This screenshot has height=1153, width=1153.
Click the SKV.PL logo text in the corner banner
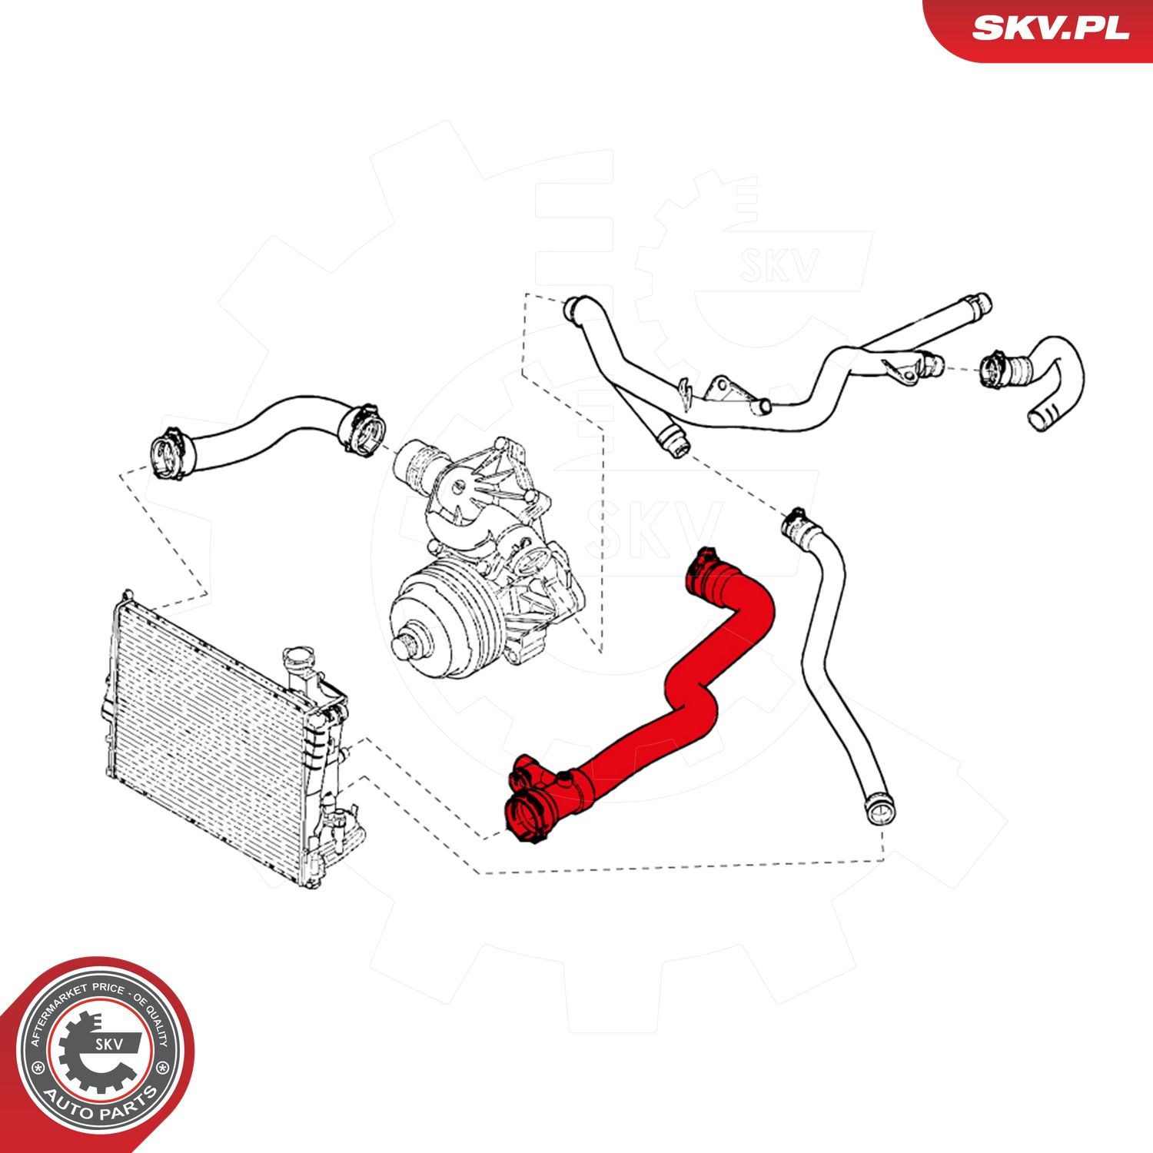pyautogui.click(x=1050, y=28)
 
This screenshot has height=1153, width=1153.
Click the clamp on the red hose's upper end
pyautogui.click(x=703, y=565)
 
